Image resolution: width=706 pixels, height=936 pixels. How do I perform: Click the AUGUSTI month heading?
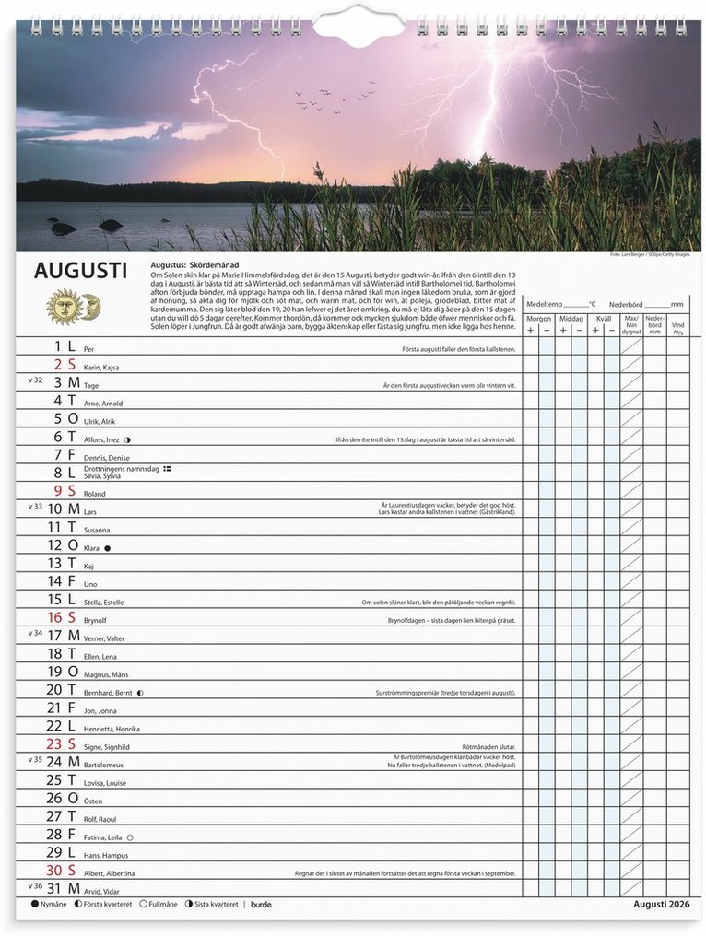point(80,271)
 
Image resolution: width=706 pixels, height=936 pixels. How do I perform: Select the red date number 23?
point(54,743)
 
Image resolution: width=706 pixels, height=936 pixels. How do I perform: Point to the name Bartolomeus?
point(103,766)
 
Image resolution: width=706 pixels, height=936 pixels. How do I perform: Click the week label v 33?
point(35,506)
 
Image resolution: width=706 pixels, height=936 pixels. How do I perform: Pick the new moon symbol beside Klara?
point(107,548)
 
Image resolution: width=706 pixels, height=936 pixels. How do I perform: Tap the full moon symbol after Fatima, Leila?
point(129,837)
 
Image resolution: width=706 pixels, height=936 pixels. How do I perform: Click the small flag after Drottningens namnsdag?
point(167,469)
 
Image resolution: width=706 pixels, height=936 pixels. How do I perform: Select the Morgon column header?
point(538,319)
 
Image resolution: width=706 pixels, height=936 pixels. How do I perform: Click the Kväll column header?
point(604,319)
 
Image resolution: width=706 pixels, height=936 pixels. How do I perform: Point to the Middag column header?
point(571,319)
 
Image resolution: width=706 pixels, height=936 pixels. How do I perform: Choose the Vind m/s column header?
point(678,325)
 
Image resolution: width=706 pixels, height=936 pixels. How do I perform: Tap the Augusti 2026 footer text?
point(661,904)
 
